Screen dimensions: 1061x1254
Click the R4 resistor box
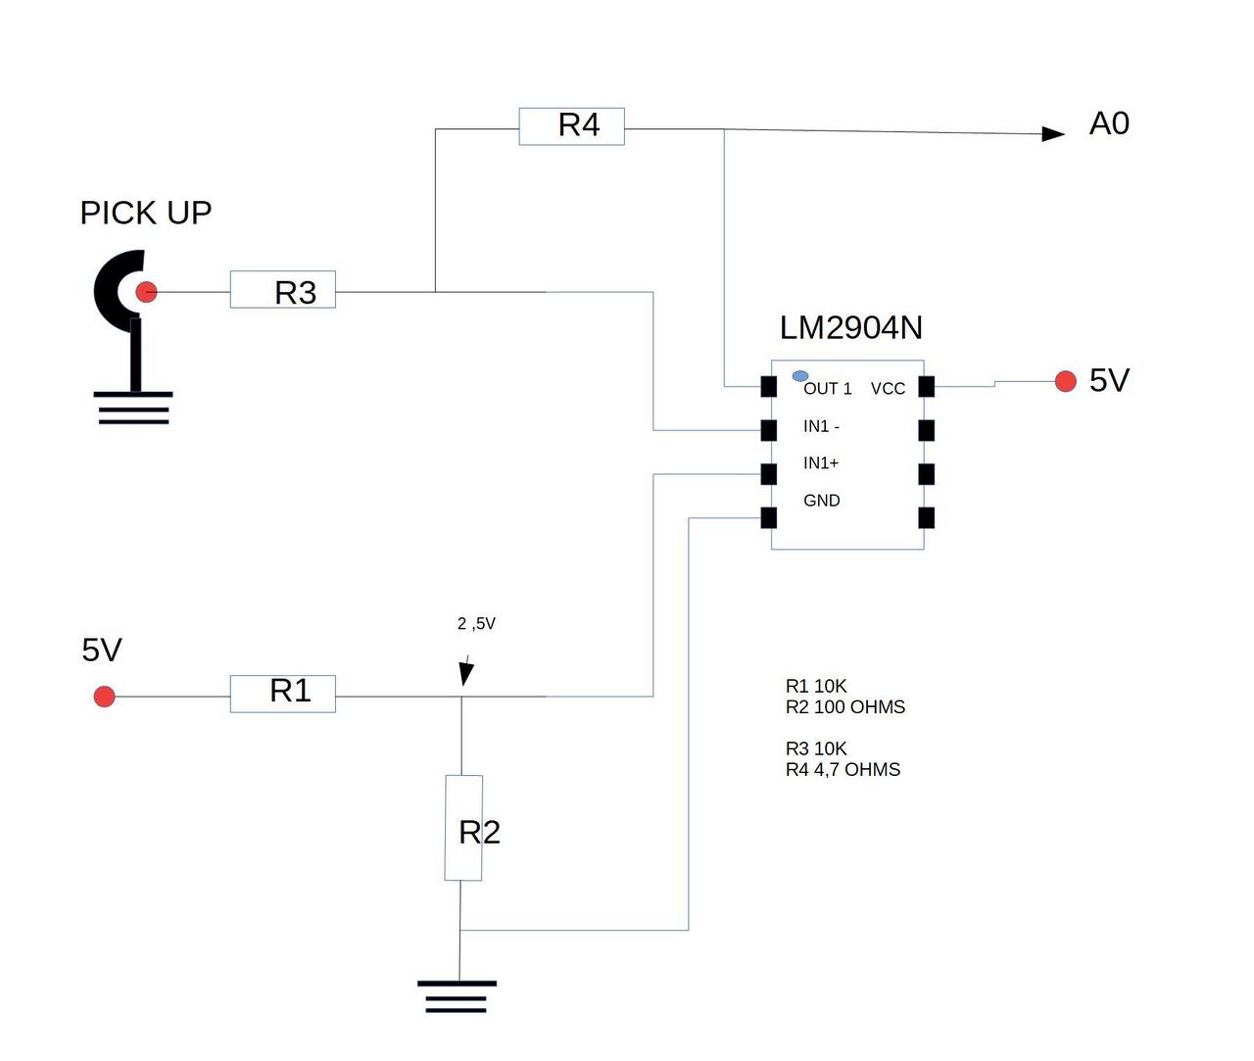pos(571,126)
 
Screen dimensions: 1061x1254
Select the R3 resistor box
pos(283,290)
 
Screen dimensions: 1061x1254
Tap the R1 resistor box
pos(283,694)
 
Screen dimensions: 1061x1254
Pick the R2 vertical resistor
pos(463,828)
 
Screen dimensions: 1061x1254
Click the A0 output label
pos(1109,123)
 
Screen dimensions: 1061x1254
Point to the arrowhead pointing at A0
pos(1053,133)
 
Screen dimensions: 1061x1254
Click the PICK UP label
pos(146,213)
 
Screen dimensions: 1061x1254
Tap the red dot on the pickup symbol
pos(146,291)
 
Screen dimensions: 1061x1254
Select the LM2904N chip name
pos(850,327)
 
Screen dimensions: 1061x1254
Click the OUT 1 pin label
pos(827,389)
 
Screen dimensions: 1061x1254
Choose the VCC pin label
pos(888,389)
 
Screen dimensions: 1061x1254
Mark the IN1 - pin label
pos(821,426)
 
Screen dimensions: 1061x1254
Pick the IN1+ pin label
pos(821,463)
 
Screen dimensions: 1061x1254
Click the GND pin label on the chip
pos(821,501)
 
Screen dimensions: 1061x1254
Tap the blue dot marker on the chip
pos(800,375)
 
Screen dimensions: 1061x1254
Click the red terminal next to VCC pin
pos(1066,381)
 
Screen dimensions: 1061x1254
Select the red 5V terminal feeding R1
pos(104,697)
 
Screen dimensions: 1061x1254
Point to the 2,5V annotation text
pos(476,624)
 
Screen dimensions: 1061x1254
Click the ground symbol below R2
pos(457,995)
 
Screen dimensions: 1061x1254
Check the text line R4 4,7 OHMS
pos(843,770)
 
